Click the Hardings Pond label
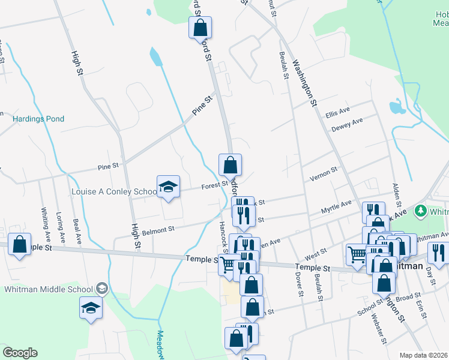click(38, 119)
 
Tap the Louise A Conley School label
click(113, 192)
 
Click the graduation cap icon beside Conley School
click(169, 187)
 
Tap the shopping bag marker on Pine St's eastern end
click(230, 165)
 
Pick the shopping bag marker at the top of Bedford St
click(200, 28)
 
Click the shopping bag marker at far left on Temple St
click(20, 245)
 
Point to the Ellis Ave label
click(337, 113)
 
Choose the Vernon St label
click(324, 174)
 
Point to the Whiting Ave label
click(44, 223)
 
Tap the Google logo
click(20, 353)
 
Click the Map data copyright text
click(424, 355)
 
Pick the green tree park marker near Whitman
click(421, 211)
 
